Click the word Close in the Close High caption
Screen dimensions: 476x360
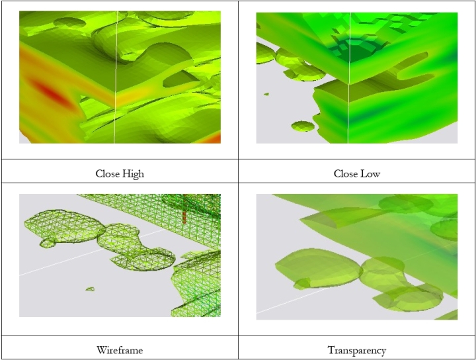tap(107, 174)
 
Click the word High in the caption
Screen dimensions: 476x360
tap(133, 174)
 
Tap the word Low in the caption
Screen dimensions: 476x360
tap(370, 174)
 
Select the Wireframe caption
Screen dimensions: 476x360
tap(120, 350)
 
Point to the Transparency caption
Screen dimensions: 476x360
tap(357, 350)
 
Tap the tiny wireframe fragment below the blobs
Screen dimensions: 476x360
tap(90, 289)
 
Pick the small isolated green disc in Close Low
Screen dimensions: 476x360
tap(303, 126)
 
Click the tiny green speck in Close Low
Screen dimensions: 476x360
tap(266, 94)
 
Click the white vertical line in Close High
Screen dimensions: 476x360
tap(116, 77)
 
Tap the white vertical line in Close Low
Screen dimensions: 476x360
tap(349, 78)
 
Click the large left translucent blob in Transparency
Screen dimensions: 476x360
tap(317, 267)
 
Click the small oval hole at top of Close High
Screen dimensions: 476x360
tap(69, 22)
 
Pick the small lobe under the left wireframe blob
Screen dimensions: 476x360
tap(48, 242)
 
